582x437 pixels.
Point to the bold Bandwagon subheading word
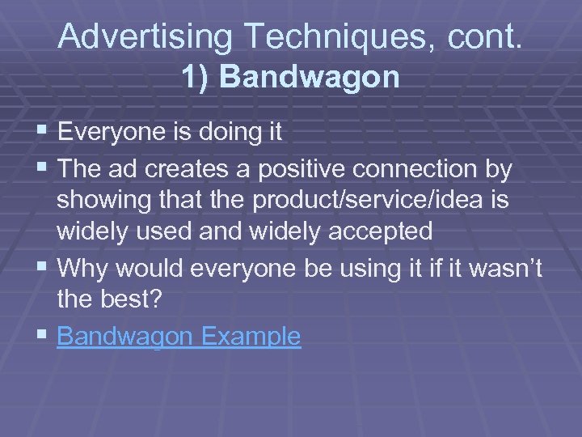(x=310, y=77)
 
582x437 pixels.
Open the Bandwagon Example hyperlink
(x=179, y=336)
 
